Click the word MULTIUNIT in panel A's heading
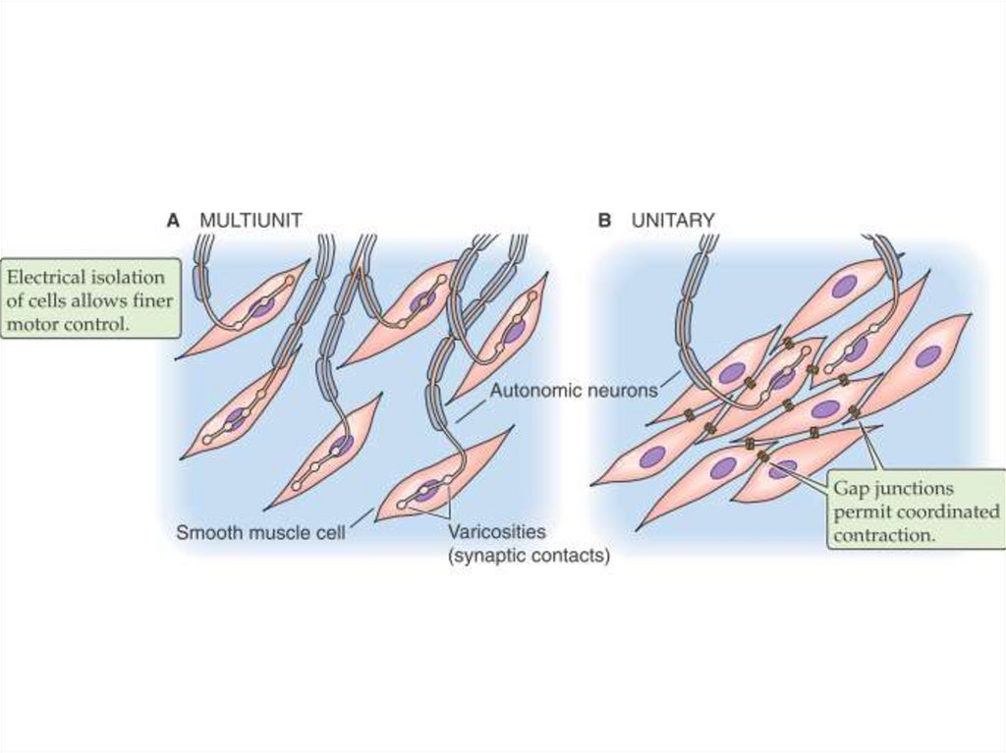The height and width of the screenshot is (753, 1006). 251,221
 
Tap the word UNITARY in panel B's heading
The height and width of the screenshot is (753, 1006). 673,221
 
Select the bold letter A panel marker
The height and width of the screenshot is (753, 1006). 173,221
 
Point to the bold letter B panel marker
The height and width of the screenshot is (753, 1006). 604,221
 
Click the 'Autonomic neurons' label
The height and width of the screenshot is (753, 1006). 574,390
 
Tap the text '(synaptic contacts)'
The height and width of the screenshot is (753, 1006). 529,557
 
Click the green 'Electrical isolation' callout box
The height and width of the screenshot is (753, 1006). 90,299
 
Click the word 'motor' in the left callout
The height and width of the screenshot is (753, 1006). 32,324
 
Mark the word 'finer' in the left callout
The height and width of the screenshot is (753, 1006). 154,300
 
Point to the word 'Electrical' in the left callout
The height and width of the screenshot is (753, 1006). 44,278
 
